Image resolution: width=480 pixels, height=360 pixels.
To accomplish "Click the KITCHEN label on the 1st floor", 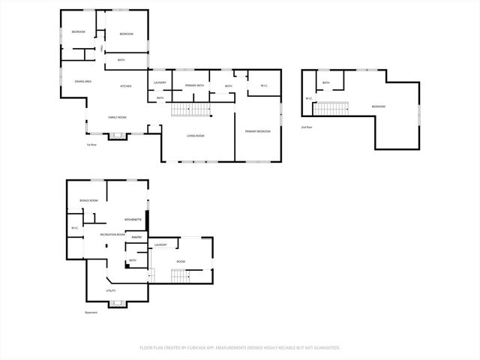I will [126, 87].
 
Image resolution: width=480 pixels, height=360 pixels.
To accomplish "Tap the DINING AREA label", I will [83, 81].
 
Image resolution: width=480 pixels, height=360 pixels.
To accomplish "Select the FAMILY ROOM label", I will [117, 118].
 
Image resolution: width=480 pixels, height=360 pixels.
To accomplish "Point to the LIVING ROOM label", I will [196, 136].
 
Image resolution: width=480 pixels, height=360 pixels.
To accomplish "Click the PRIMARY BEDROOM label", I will [257, 131].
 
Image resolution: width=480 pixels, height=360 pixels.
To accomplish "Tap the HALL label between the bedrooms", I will [101, 48].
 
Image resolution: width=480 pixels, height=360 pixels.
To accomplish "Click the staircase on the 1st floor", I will [192, 110].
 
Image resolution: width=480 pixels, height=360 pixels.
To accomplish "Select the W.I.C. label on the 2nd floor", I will [308, 98].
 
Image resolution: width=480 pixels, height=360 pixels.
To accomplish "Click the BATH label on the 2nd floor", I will [325, 82].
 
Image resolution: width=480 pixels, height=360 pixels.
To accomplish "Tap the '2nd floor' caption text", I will [306, 127].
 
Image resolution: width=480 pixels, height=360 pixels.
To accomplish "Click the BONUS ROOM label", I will [89, 201].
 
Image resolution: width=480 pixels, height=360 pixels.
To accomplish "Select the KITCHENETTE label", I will [133, 220].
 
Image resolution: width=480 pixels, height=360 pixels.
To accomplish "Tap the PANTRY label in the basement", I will [136, 237].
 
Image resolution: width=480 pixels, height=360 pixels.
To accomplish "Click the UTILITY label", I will [110, 289].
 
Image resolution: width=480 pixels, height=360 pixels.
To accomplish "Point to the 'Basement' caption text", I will [91, 313].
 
